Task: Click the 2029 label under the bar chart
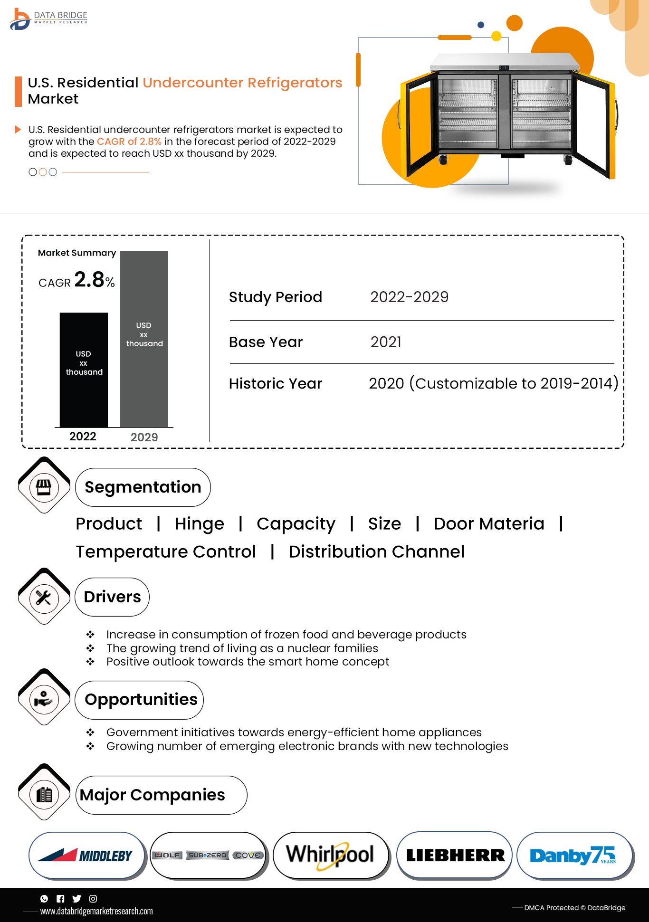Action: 144,437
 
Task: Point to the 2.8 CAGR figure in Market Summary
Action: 89,280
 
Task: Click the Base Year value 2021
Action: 386,342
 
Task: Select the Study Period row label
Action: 275,297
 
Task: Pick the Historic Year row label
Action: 275,383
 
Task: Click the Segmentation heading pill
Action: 143,487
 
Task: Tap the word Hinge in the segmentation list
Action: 199,524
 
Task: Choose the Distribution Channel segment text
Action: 376,552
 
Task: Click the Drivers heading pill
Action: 112,597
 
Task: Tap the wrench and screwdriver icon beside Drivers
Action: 44,598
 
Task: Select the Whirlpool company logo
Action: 331,855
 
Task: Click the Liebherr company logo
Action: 455,855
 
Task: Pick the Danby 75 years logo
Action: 574,855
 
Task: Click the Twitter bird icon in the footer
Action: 76,898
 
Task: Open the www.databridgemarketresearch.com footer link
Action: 96,911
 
